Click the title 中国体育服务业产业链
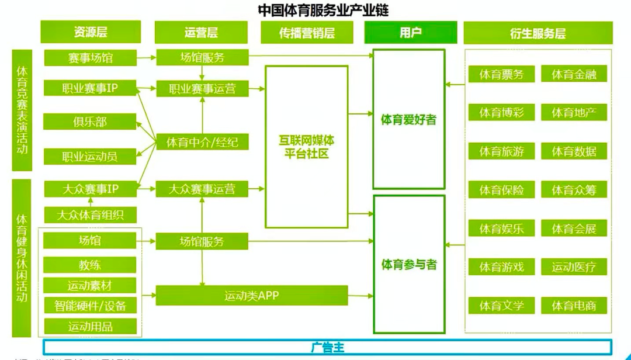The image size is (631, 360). [x=323, y=10]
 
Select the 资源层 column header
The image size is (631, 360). [x=91, y=32]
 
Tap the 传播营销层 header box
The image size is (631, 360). [x=307, y=33]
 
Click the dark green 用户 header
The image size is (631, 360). [x=410, y=32]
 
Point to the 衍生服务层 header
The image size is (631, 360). [x=538, y=33]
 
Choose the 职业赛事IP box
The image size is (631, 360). [x=90, y=88]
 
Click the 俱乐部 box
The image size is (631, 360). [x=90, y=122]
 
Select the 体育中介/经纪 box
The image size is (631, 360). [x=202, y=141]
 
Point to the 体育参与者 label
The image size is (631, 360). [x=409, y=265]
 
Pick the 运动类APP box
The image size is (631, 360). [x=251, y=296]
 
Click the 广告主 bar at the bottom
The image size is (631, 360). [x=327, y=347]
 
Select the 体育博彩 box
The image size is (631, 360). [x=501, y=113]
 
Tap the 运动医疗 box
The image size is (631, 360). [x=574, y=267]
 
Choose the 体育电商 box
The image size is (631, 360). [x=574, y=305]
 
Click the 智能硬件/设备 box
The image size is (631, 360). [x=90, y=305]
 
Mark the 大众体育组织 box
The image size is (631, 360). [x=90, y=214]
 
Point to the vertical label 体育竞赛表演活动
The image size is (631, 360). [x=22, y=110]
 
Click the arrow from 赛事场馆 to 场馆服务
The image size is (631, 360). [x=146, y=57]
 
